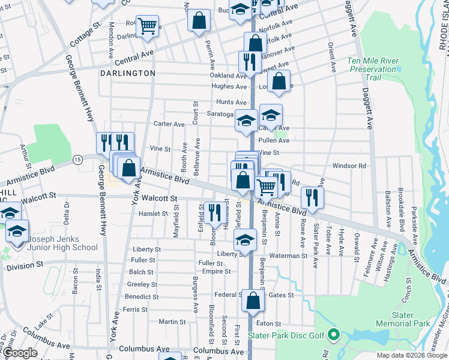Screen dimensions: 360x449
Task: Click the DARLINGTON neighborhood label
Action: pos(127,73)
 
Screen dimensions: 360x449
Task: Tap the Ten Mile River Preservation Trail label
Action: pos(373,70)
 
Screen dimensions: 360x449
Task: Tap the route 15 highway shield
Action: pos(77,159)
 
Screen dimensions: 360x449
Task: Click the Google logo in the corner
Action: pos(20,353)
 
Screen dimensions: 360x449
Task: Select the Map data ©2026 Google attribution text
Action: pos(411,355)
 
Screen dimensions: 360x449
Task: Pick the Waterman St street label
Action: pos(288,256)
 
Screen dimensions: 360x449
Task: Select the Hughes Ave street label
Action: pos(229,86)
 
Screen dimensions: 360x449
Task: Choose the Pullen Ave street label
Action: pos(274,140)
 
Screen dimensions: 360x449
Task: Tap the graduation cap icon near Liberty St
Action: pos(244,241)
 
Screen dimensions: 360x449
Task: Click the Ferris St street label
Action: pos(134,310)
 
